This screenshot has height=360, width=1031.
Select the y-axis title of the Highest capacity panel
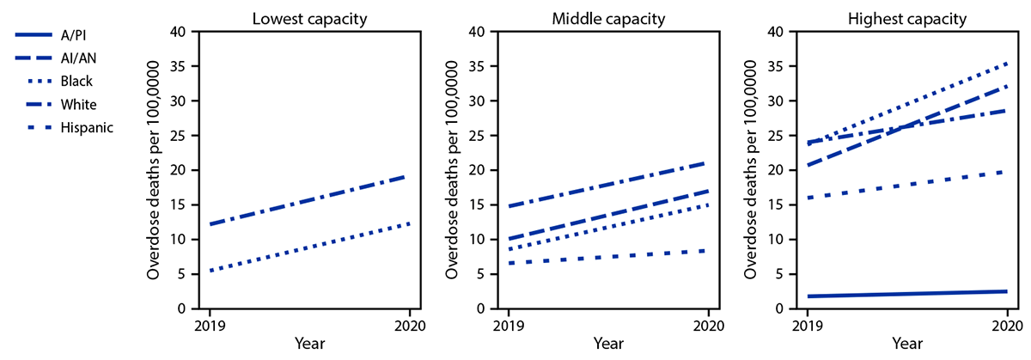(753, 170)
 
